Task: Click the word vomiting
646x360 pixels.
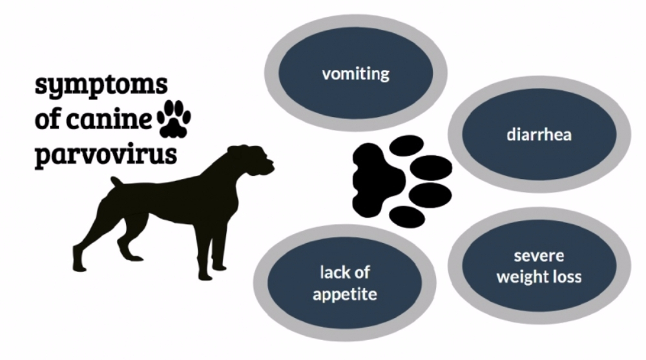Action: pyautogui.click(x=356, y=72)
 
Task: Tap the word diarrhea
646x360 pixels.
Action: pyautogui.click(x=539, y=136)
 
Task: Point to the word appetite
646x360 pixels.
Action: pyautogui.click(x=345, y=295)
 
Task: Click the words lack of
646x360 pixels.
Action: pyautogui.click(x=345, y=272)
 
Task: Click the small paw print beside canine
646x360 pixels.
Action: pyautogui.click(x=174, y=119)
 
